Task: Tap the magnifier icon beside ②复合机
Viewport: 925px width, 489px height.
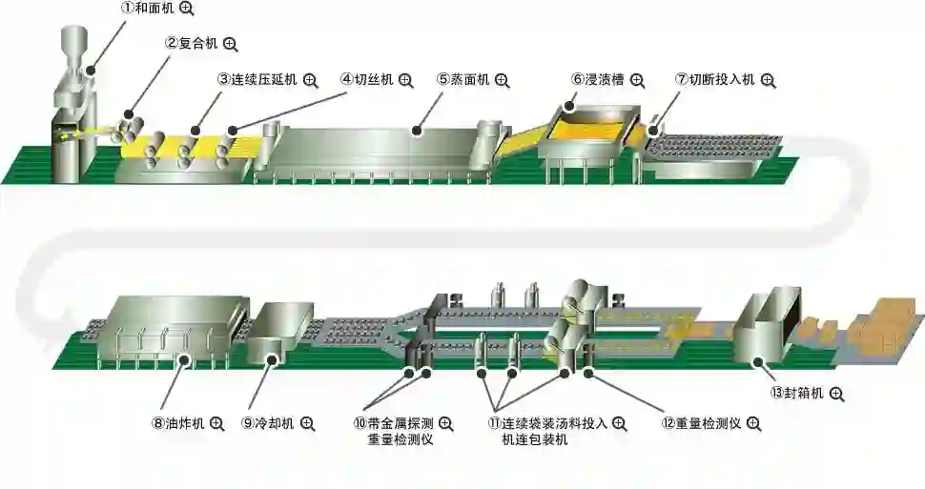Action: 230,44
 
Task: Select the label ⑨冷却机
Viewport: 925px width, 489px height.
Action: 267,422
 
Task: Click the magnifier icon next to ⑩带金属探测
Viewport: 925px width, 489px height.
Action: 445,422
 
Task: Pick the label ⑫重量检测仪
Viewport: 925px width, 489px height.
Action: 701,422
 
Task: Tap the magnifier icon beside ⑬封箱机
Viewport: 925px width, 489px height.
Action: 836,393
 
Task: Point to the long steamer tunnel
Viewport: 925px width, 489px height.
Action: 377,148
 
